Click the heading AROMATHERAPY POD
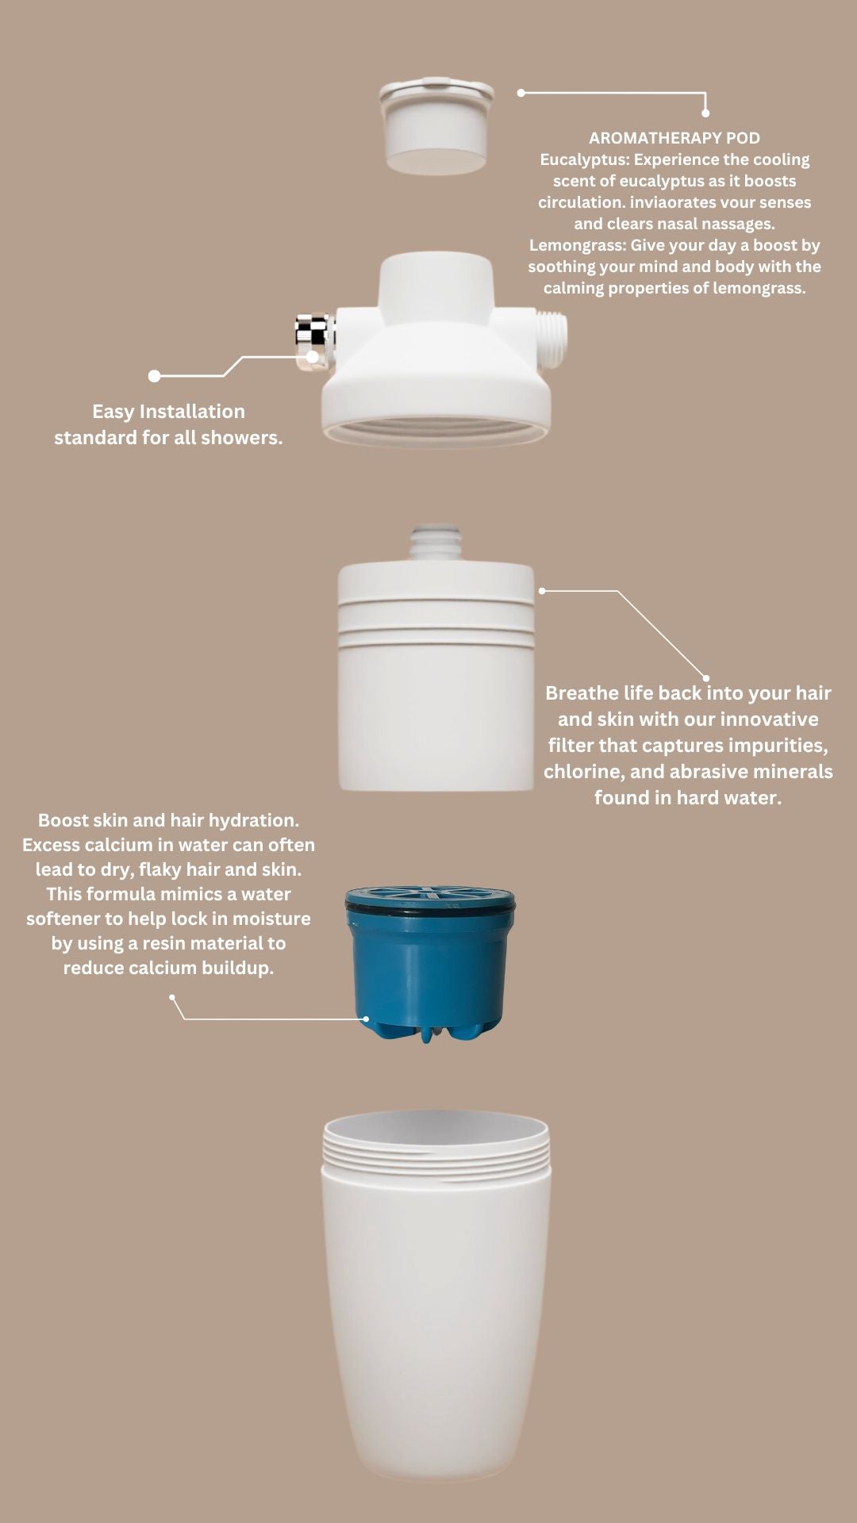[x=674, y=138]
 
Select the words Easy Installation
[x=168, y=412]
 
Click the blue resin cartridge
[x=430, y=960]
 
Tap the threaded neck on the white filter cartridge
[x=436, y=540]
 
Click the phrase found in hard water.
[x=688, y=798]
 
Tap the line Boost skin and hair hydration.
[x=168, y=820]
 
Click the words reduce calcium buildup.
[x=168, y=968]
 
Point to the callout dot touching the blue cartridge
[x=366, y=1019]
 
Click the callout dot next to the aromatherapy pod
[x=521, y=93]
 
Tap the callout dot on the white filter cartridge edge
[x=542, y=591]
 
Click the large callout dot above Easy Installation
[x=155, y=376]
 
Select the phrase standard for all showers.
[x=168, y=438]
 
